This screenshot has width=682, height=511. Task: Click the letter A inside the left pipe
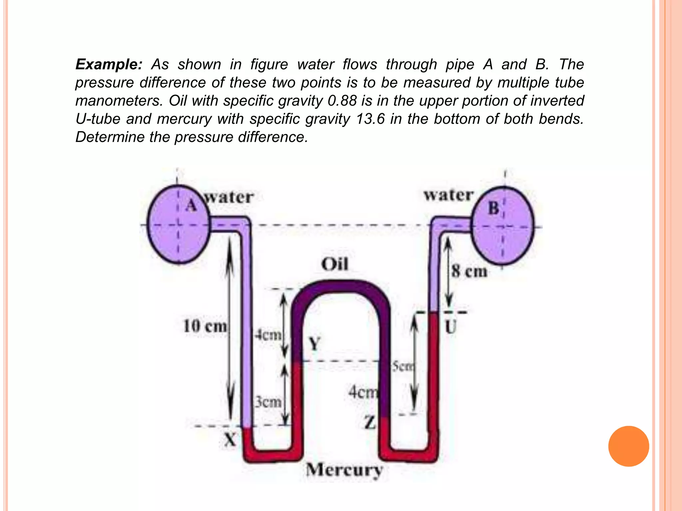191,205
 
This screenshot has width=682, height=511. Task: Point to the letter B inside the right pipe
494,209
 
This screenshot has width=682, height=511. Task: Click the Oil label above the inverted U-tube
335,264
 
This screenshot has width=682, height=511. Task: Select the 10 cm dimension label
205,326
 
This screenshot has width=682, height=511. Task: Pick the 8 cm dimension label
469,271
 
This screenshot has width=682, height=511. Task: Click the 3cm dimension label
268,402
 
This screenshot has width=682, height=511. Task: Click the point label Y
314,344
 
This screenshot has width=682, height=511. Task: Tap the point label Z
370,423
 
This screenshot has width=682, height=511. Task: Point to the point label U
451,327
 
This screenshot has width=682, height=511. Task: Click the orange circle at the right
628,446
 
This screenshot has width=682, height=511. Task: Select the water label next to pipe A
229,197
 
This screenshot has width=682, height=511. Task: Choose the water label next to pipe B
448,195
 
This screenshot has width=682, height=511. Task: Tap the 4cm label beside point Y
268,335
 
